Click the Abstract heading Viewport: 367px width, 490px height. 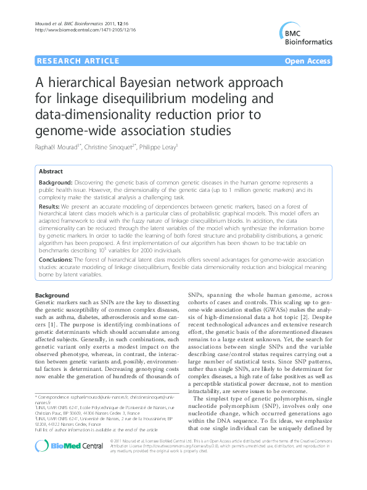pyautogui.click(x=50, y=171)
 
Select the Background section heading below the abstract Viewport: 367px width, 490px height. pyautogui.click(x=52, y=296)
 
